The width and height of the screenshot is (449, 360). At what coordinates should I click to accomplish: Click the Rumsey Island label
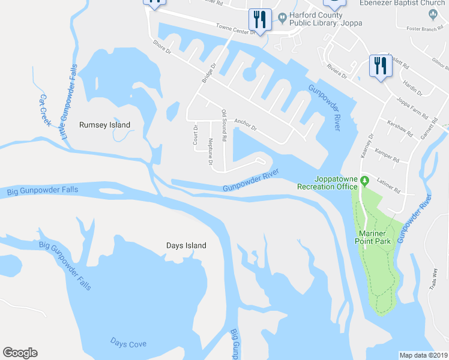104,125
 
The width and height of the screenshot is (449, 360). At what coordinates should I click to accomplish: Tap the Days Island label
186,245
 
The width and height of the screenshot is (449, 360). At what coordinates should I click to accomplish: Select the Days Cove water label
128,343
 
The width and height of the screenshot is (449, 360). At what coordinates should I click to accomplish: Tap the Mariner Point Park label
375,237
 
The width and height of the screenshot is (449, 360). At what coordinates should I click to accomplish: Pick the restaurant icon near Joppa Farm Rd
380,65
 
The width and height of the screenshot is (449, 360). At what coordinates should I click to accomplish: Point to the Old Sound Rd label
224,126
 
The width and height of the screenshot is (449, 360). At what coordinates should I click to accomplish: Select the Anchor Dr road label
246,124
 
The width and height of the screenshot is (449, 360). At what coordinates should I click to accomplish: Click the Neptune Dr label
211,149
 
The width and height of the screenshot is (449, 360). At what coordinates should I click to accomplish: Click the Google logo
20,353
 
